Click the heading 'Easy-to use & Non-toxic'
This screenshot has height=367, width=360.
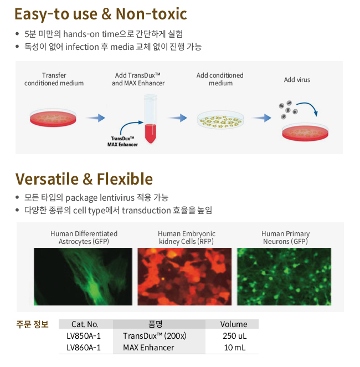click(x=101, y=14)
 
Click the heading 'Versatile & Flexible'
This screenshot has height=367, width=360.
click(x=84, y=179)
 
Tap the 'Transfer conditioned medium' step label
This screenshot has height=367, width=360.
click(x=54, y=79)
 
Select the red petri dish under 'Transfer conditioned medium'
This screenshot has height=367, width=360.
click(x=53, y=118)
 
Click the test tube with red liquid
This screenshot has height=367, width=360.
click(x=150, y=119)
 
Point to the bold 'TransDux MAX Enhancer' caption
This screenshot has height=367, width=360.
click(x=122, y=141)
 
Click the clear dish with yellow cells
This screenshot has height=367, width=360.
click(x=220, y=120)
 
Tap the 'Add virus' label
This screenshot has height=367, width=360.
click(x=297, y=80)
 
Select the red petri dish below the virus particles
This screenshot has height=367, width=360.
click(x=305, y=132)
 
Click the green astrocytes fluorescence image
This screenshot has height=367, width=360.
click(x=83, y=277)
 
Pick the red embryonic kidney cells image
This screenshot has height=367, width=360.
click(x=184, y=277)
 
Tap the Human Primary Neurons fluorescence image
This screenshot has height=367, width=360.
click(x=284, y=277)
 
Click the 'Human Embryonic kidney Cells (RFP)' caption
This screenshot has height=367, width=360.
click(x=186, y=237)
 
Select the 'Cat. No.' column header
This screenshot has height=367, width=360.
click(x=85, y=324)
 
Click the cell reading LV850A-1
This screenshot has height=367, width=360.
click(x=84, y=336)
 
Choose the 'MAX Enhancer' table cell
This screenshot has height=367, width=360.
click(x=148, y=348)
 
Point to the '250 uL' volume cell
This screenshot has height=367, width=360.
click(x=234, y=336)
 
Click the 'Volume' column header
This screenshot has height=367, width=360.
click(x=234, y=324)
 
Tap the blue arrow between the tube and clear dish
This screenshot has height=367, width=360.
click(x=178, y=118)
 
